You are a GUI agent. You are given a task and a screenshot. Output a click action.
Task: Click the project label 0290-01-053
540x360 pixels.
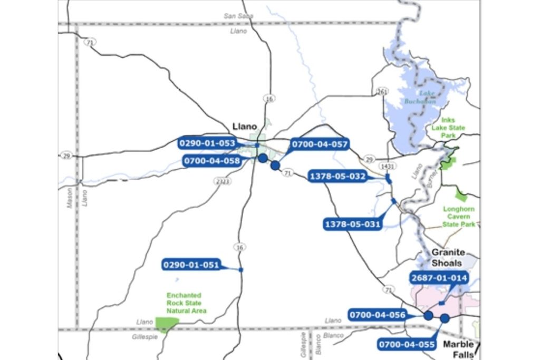(x=207, y=143)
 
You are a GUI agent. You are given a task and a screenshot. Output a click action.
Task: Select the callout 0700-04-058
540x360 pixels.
(x=213, y=161)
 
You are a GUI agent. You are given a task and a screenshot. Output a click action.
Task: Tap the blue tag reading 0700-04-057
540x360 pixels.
(x=320, y=143)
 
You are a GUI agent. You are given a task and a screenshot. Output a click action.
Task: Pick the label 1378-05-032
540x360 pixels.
(x=337, y=177)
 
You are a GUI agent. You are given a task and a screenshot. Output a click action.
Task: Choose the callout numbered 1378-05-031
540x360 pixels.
(x=352, y=225)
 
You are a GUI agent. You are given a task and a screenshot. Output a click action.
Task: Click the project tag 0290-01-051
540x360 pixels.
(x=191, y=265)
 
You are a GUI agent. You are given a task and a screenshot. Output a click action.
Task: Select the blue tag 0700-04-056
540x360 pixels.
(x=377, y=315)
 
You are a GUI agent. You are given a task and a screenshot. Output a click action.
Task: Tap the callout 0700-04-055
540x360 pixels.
(x=407, y=345)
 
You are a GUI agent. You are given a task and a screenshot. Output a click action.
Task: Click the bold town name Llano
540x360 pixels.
(x=245, y=127)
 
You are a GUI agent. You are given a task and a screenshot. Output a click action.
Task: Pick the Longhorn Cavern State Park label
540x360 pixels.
(x=459, y=217)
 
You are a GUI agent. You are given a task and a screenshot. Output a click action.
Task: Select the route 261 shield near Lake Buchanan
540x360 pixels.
(x=382, y=92)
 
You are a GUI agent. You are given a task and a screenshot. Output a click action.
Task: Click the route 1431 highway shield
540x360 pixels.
(x=388, y=166)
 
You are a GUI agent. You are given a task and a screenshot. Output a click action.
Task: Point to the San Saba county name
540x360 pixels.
(x=238, y=16)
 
